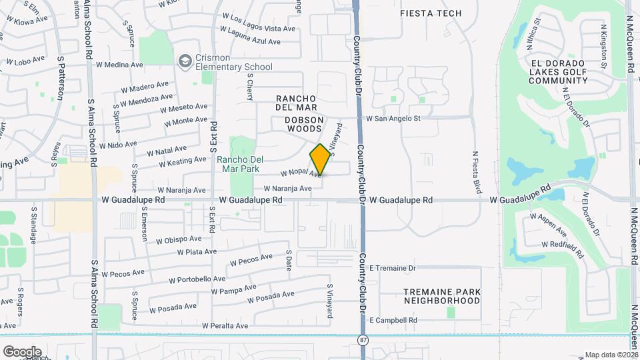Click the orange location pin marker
click(320, 160)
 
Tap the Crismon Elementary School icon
click(184, 61)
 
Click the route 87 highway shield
click(363, 341)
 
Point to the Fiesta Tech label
click(430, 13)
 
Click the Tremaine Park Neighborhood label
click(442, 296)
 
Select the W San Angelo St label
click(393, 119)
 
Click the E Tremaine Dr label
click(392, 268)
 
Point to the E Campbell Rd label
click(393, 320)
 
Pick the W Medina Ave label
click(119, 65)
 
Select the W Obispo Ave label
click(179, 239)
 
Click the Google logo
click(21, 351)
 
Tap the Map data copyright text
click(611, 355)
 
